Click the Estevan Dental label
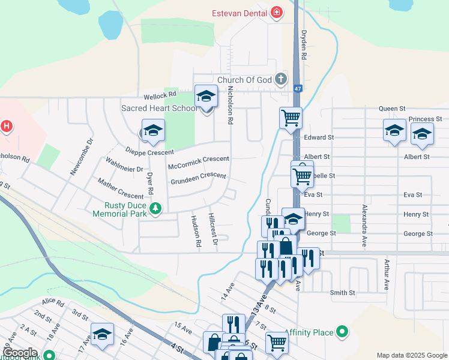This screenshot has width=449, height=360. click(240, 13)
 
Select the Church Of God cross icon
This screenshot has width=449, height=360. click(280, 79)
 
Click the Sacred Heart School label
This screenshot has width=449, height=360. click(159, 108)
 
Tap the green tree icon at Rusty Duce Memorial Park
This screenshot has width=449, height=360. click(155, 209)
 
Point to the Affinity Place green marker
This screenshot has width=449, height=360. click(342, 332)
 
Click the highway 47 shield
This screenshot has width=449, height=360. click(297, 88)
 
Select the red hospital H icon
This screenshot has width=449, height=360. click(6, 127)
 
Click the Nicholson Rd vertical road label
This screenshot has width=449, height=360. click(229, 104)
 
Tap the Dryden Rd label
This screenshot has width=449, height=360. click(304, 45)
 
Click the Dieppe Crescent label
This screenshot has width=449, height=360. click(149, 152)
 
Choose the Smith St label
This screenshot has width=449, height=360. click(342, 293)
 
